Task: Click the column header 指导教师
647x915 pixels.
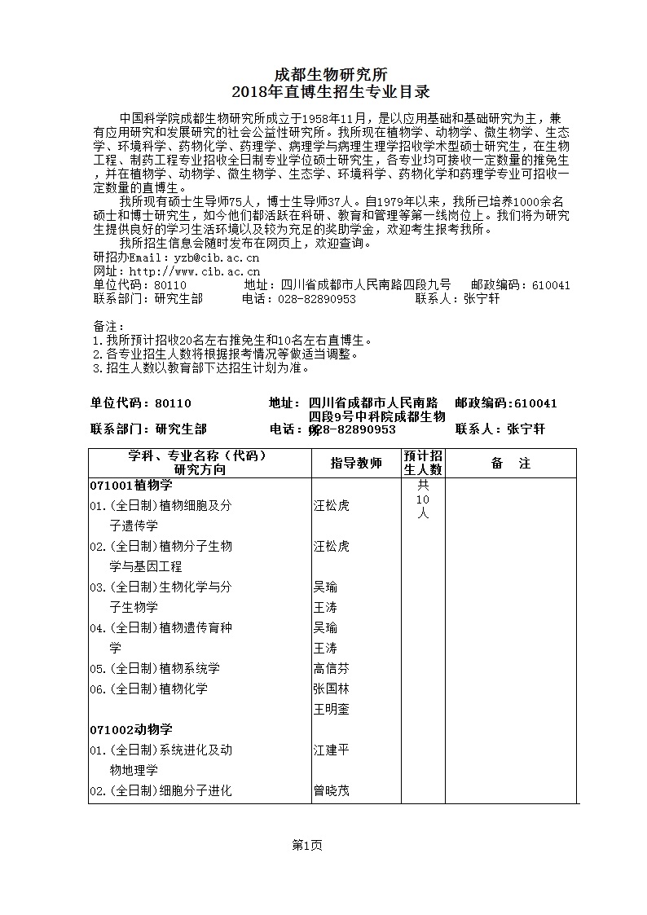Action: click(356, 464)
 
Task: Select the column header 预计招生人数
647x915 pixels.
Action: click(423, 462)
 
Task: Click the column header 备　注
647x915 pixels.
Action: click(511, 464)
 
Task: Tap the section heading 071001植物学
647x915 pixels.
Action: click(131, 486)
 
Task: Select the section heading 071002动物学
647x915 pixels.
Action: click(131, 729)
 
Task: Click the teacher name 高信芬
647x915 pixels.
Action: click(332, 668)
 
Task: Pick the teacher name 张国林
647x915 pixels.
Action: click(332, 688)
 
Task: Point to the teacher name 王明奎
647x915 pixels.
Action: click(332, 709)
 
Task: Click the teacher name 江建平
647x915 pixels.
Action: click(332, 750)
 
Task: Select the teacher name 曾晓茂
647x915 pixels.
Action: click(332, 790)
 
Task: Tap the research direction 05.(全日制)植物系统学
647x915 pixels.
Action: click(155, 668)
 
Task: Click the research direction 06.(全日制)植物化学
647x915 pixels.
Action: click(149, 688)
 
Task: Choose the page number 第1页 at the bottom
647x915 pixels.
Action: click(307, 846)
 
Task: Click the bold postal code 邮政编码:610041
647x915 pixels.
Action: click(506, 403)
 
